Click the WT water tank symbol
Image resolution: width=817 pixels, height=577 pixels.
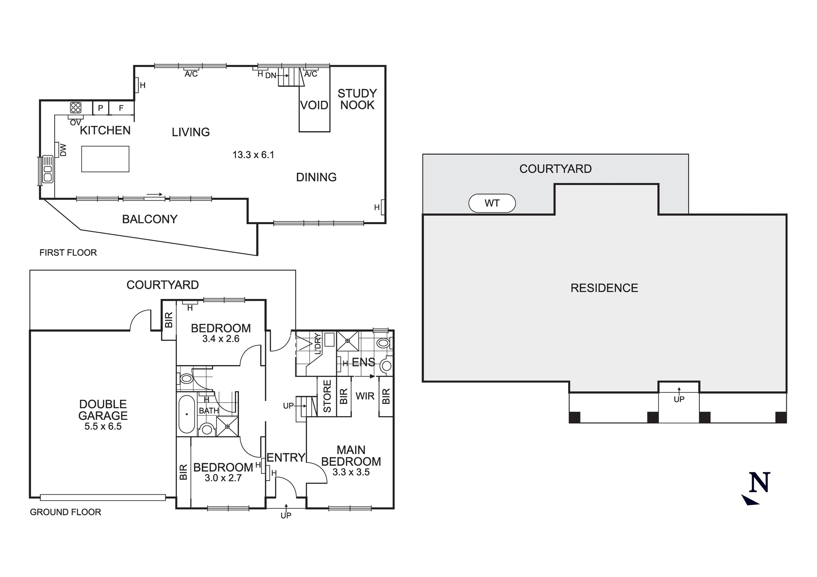(x=492, y=203)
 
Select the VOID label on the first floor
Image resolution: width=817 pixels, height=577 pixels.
(x=314, y=105)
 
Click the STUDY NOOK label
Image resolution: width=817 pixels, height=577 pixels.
(x=357, y=99)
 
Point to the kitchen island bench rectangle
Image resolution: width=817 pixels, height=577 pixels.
(x=105, y=159)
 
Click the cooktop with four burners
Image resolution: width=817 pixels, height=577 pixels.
(x=76, y=107)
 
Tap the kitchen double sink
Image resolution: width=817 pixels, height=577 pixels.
(x=48, y=169)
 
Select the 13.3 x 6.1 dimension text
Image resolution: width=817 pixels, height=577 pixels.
(x=253, y=155)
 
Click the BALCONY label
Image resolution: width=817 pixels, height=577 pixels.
(x=150, y=219)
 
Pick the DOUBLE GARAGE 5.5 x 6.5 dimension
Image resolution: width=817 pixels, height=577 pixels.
(x=103, y=427)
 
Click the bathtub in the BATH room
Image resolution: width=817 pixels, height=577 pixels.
(x=187, y=414)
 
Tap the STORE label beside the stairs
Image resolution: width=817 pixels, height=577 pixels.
(x=327, y=396)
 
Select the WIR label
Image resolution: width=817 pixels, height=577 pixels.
(x=365, y=396)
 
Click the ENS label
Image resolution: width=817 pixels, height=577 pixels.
(x=363, y=362)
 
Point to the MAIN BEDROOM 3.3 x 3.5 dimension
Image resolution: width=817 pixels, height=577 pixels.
(x=351, y=472)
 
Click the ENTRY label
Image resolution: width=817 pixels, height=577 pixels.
(x=286, y=457)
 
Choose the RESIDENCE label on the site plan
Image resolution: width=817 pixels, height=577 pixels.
(x=604, y=288)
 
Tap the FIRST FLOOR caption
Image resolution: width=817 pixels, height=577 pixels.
(x=68, y=253)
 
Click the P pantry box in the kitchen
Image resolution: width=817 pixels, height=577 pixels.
(x=100, y=108)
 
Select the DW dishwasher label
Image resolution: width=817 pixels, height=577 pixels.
(x=63, y=149)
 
